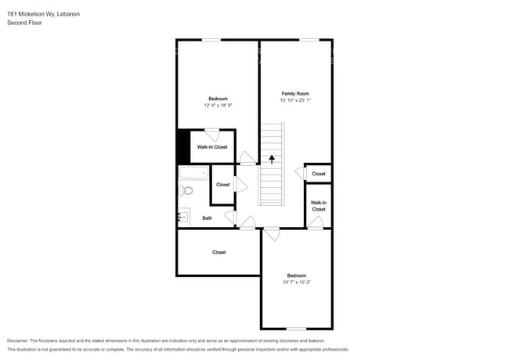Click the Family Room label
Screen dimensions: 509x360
click(x=295, y=93)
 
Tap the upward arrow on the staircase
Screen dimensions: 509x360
click(x=272, y=159)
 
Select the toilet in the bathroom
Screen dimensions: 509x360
click(x=186, y=190)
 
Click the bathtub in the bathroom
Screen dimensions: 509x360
click(x=193, y=173)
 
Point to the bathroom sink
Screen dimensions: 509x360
click(x=184, y=217)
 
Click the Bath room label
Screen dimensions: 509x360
click(x=207, y=218)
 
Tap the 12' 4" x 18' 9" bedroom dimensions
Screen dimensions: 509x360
click(x=218, y=105)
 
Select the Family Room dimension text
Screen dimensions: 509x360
click(x=295, y=100)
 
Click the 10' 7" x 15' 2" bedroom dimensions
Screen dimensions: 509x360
click(x=296, y=283)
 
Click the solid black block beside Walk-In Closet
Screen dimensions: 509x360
click(x=184, y=147)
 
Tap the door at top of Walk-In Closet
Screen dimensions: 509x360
click(x=212, y=135)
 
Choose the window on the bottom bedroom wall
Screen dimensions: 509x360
click(x=296, y=329)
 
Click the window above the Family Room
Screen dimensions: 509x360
click(x=309, y=40)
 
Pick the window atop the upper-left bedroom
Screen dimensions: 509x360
click(x=211, y=40)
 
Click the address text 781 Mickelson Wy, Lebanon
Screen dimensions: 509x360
click(x=44, y=14)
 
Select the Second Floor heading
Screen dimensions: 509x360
click(x=24, y=23)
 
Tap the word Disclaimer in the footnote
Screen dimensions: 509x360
click(x=18, y=340)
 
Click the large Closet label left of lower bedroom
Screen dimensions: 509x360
click(x=218, y=252)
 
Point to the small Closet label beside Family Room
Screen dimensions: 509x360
click(x=319, y=174)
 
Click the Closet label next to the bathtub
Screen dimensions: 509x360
click(x=223, y=185)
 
